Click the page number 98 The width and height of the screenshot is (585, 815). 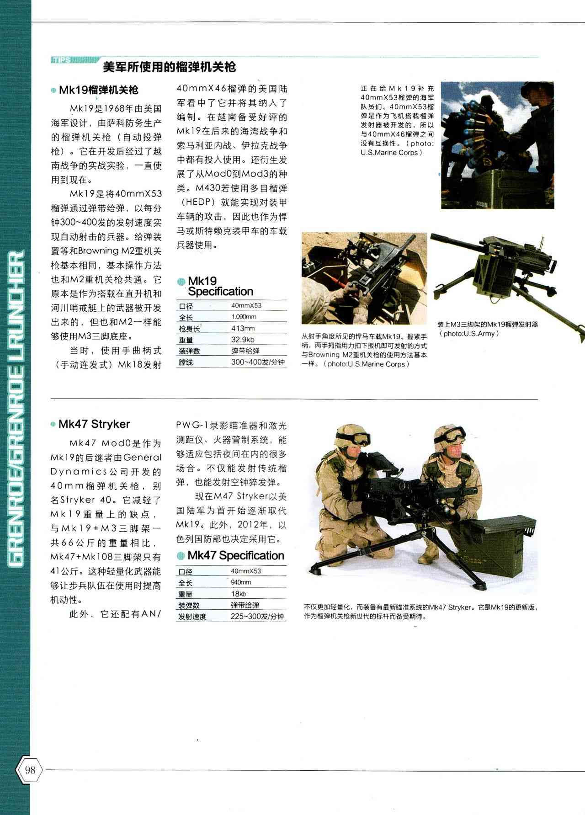point(30,770)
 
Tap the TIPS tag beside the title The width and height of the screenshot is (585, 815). point(61,60)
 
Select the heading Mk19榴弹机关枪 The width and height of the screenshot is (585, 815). point(98,90)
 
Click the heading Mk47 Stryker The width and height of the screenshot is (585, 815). point(94,424)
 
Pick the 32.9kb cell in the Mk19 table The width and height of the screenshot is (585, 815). point(243,340)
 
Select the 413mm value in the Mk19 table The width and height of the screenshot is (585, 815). point(243,328)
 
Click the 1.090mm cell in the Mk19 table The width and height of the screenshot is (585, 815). point(244,317)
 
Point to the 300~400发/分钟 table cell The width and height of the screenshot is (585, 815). point(258,362)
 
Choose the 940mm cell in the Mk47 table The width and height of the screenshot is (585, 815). point(241,582)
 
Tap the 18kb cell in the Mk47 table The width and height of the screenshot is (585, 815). point(239,594)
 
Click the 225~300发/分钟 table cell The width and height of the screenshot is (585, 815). point(257,616)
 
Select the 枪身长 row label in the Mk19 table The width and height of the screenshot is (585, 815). point(189,329)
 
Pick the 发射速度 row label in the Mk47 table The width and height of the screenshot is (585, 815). point(192,617)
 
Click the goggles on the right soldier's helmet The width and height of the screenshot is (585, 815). point(451,434)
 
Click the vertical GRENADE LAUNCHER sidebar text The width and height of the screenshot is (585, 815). point(16,410)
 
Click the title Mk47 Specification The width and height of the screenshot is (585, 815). point(236,555)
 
